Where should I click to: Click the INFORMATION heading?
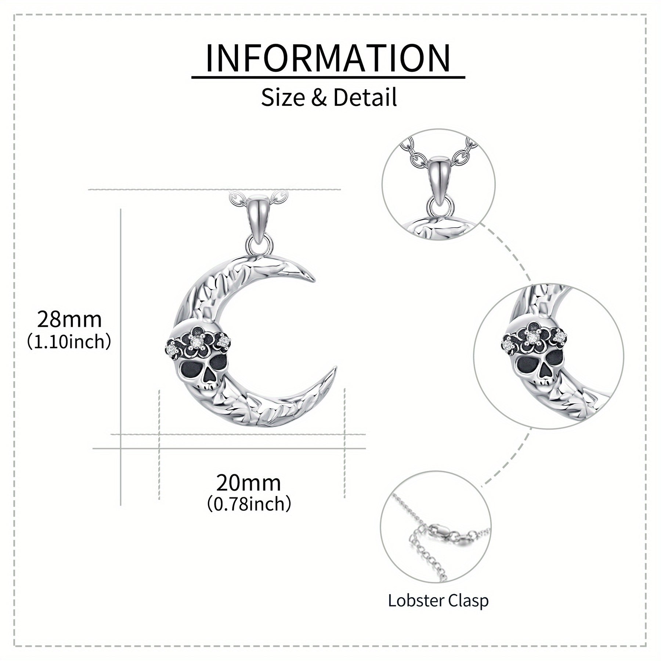tap(328, 58)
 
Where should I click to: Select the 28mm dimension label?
tap(69, 319)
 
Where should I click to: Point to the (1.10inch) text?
tap(69, 342)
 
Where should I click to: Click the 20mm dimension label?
tap(249, 483)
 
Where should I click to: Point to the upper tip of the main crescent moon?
tap(314, 281)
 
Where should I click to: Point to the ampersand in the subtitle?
tap(319, 98)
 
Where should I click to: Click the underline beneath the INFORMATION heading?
tap(328, 77)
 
